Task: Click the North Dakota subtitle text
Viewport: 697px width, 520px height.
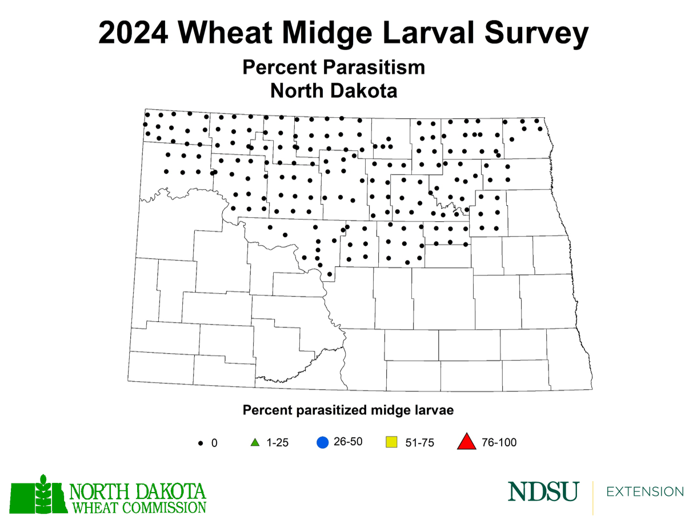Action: click(334, 90)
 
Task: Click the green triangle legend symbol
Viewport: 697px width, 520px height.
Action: click(255, 442)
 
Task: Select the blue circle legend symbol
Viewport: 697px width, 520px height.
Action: click(322, 442)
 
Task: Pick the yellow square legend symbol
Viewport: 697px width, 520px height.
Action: click(391, 442)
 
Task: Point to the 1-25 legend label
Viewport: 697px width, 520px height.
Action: click(277, 443)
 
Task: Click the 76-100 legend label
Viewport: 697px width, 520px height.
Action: click(499, 443)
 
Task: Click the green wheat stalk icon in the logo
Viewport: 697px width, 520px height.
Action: click(41, 495)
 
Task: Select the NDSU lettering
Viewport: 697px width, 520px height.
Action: click(543, 492)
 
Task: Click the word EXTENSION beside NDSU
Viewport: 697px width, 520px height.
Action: click(645, 492)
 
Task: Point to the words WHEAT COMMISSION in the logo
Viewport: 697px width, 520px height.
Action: click(137, 506)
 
